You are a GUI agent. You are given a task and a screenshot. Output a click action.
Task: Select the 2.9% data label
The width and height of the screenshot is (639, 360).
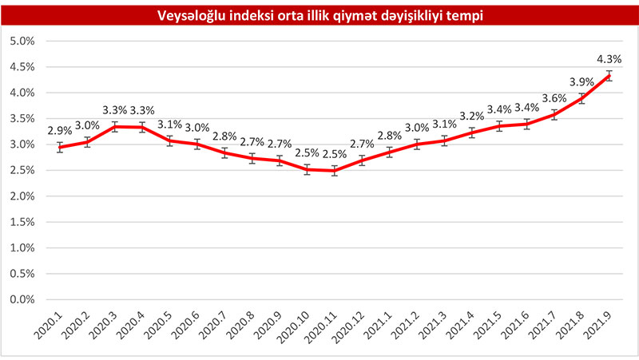tap(60, 130)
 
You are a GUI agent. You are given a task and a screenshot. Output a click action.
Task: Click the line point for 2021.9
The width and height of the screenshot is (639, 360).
tap(609, 76)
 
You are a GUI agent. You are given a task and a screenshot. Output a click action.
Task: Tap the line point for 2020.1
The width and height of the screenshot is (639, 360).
tap(60, 147)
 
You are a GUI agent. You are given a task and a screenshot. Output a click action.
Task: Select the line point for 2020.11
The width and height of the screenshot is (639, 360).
tap(334, 171)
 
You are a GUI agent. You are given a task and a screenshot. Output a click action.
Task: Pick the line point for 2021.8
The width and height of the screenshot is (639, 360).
tap(581, 98)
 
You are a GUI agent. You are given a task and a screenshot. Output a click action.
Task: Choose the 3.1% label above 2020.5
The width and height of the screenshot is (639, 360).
tap(169, 125)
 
